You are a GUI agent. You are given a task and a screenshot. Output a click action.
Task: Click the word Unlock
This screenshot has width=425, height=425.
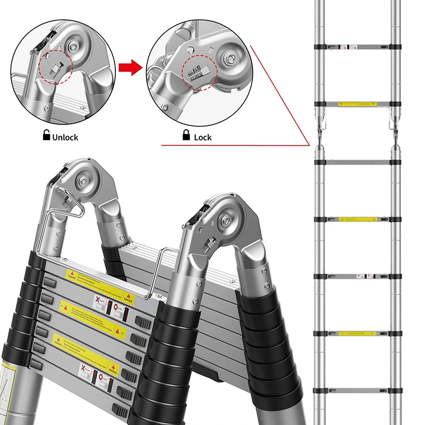[x=65, y=137]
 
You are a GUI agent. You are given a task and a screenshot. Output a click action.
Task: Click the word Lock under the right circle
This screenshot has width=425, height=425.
[x=202, y=137]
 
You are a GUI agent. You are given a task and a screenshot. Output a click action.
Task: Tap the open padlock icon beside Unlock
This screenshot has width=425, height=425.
[x=46, y=136]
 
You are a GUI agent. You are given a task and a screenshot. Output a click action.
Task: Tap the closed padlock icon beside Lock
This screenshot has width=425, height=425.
[x=186, y=136]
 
